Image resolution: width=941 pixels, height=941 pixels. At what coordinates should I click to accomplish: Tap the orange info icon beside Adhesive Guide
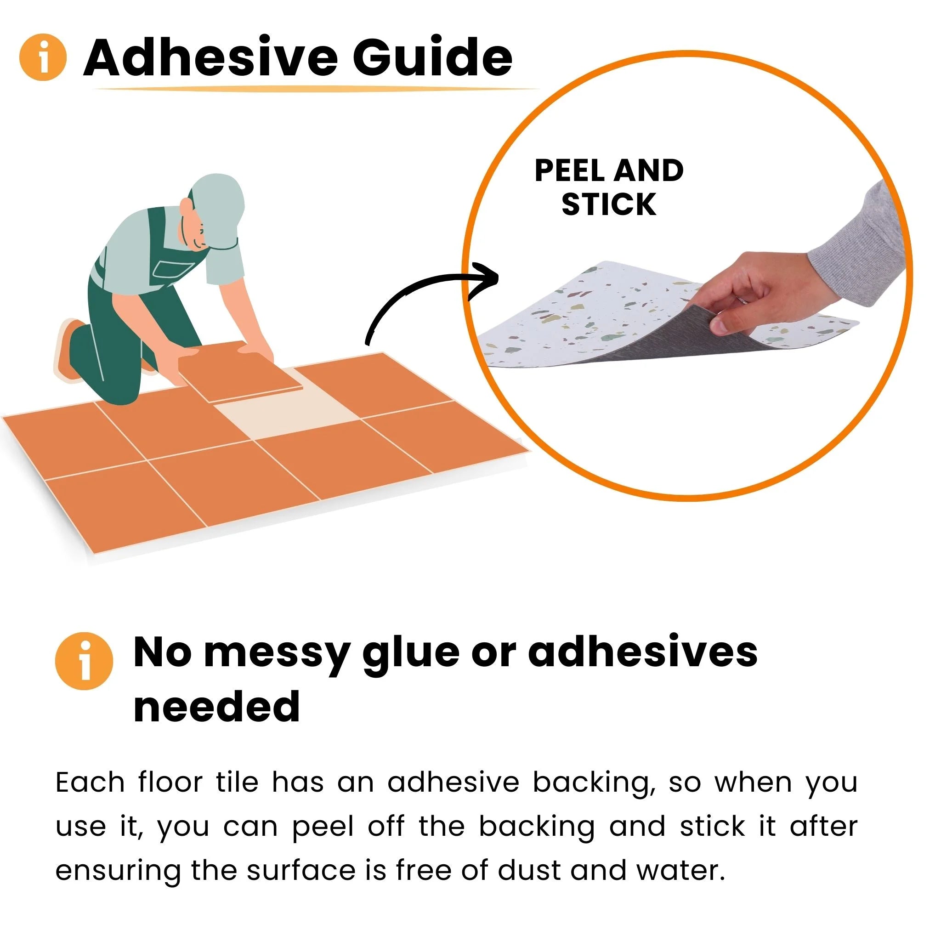coord(43,57)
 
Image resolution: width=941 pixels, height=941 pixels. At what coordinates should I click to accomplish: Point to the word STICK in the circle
coord(609,204)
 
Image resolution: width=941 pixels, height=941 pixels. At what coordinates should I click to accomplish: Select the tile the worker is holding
coord(241,371)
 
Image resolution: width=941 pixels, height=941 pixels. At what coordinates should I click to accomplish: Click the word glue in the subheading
coord(411,652)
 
